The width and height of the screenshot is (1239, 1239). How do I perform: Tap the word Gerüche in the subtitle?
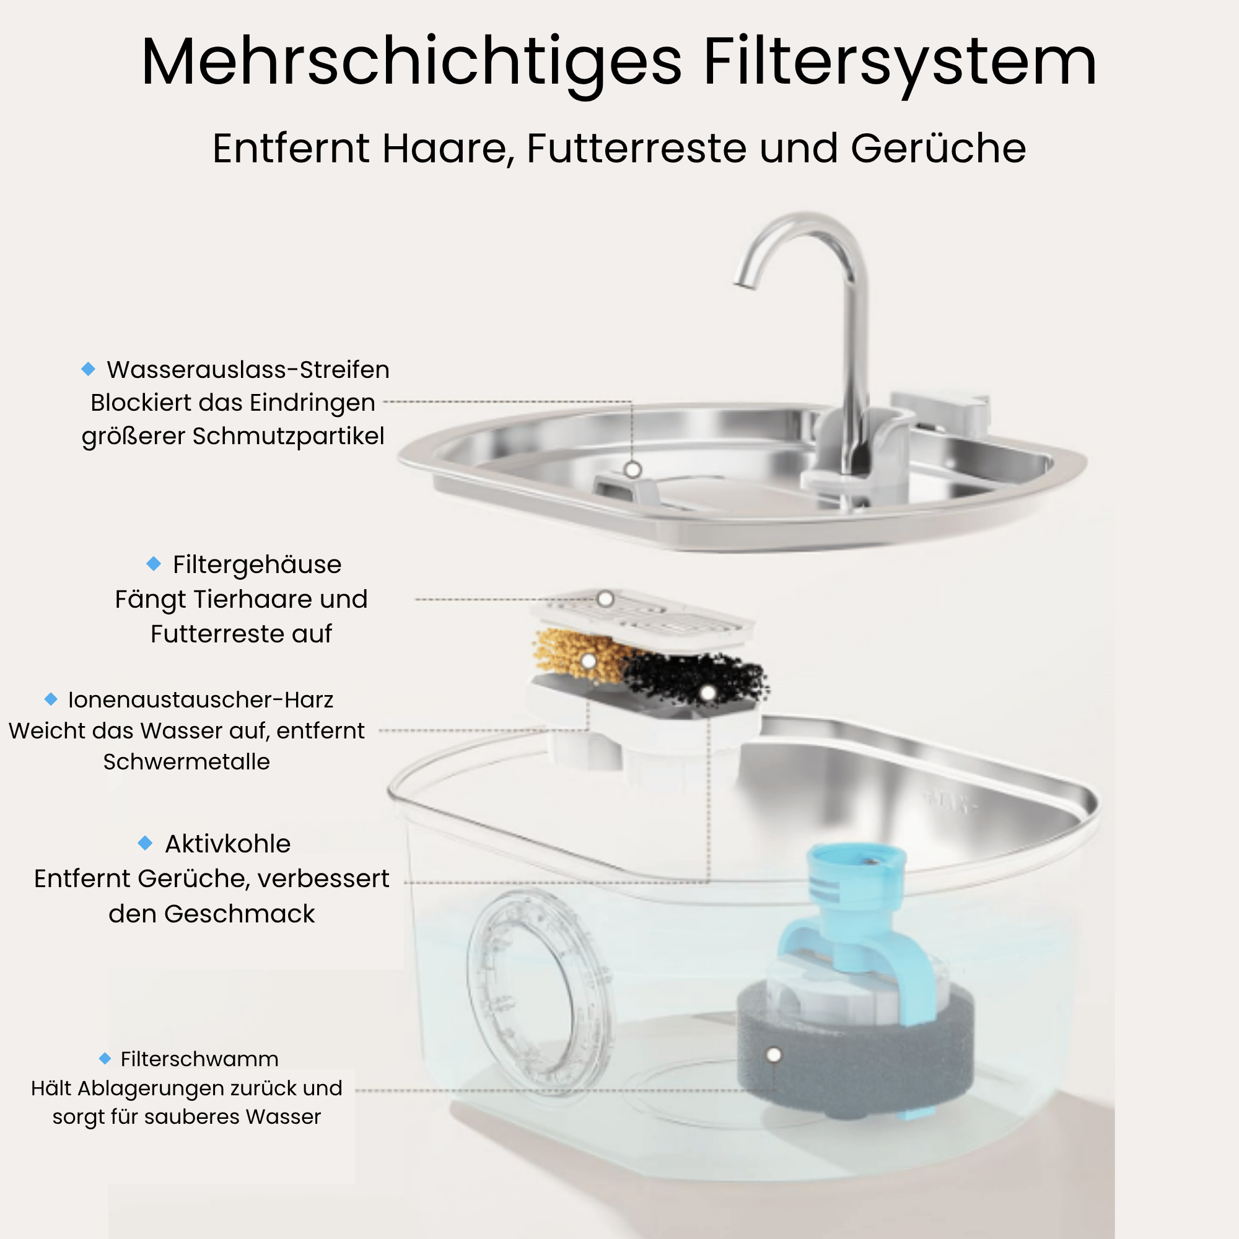click(938, 148)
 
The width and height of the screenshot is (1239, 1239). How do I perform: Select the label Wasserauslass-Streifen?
click(248, 369)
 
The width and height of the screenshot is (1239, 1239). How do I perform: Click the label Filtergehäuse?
click(257, 565)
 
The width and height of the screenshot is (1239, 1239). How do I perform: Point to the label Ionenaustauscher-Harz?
click(201, 699)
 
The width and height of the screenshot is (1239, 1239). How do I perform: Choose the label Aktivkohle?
click(227, 844)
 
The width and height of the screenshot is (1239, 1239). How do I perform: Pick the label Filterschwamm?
click(199, 1059)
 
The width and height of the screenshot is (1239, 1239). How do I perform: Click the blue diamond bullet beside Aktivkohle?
click(146, 843)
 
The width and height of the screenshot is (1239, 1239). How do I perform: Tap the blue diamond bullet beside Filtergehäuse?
click(154, 564)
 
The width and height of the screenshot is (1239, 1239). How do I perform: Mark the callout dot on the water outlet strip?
click(633, 470)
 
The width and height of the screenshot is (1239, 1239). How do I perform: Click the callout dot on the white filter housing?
click(605, 599)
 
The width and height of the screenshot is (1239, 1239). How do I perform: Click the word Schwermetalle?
click(186, 762)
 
